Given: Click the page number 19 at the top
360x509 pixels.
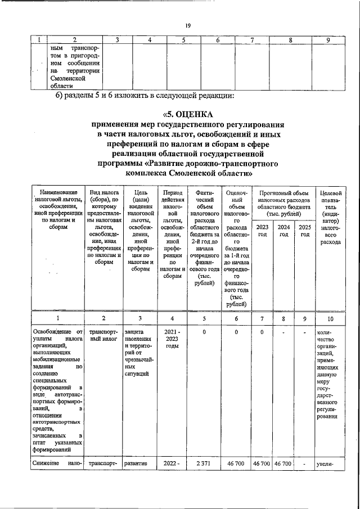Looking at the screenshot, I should [188, 25].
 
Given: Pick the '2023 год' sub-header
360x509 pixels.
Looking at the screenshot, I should [262, 231].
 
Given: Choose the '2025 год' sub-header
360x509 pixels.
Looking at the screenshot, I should [304, 231].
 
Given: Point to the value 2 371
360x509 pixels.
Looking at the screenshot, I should [203, 464].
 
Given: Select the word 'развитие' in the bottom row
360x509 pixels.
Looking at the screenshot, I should [136, 464].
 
